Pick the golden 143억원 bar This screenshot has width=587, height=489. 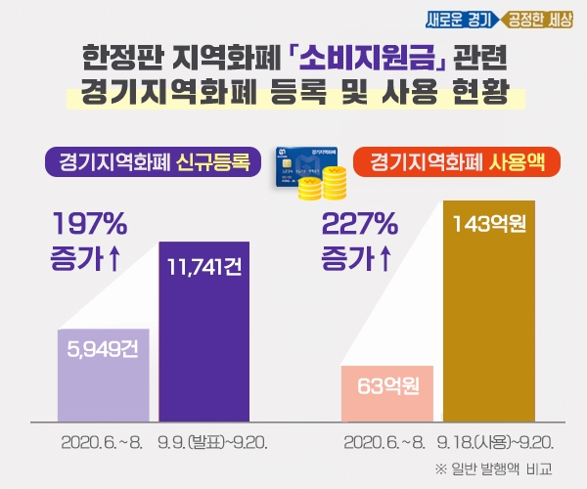tap(490, 313)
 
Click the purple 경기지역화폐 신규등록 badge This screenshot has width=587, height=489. tap(153, 161)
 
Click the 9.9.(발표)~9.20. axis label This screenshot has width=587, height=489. tap(212, 442)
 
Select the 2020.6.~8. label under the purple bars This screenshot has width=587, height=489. tap(102, 442)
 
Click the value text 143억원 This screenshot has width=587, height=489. tap(490, 226)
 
